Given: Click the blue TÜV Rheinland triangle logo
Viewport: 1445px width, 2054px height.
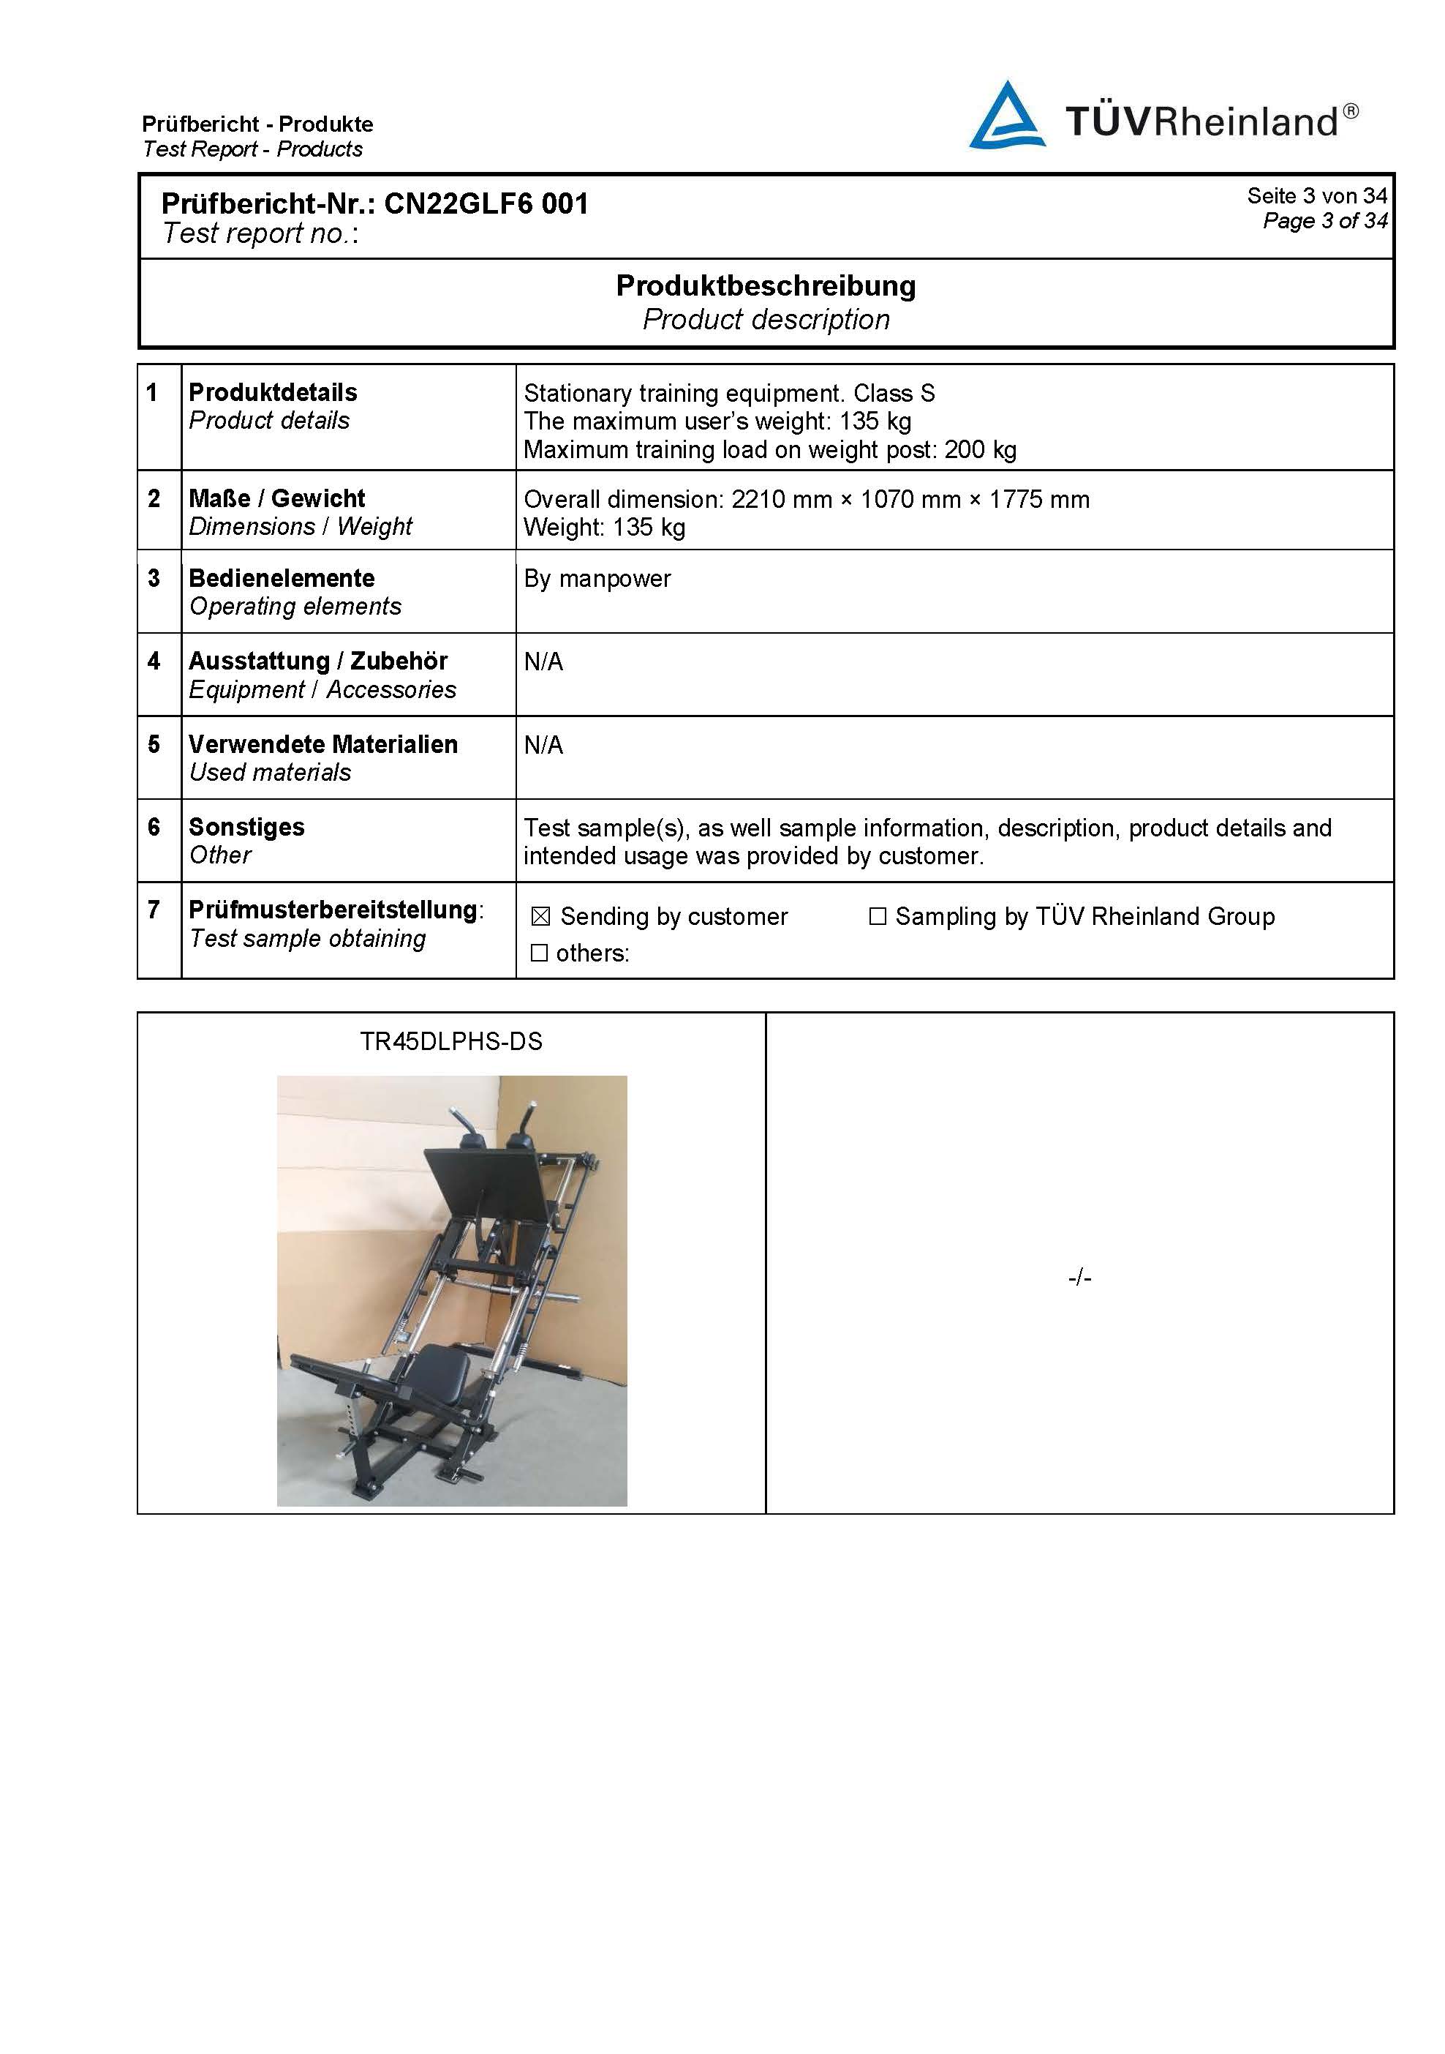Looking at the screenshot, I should point(1007,117).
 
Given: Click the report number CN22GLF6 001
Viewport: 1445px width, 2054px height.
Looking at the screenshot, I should point(486,204).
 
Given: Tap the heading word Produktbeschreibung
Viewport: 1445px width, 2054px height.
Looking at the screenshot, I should point(766,286).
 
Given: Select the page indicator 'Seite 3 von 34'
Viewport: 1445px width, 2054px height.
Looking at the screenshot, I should point(1316,196).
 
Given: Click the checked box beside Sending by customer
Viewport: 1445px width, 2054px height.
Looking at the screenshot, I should point(540,917).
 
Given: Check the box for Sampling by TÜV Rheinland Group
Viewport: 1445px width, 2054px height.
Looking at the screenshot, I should point(878,917).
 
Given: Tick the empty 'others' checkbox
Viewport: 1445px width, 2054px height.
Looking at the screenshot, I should point(539,953).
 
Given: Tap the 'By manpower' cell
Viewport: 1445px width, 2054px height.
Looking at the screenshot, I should point(597,579).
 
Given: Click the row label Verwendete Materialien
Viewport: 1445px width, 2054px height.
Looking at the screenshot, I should point(322,744).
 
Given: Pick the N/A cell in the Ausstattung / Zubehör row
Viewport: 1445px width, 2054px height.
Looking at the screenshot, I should point(543,662).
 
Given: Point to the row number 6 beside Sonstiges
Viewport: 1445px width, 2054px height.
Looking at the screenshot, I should point(154,827).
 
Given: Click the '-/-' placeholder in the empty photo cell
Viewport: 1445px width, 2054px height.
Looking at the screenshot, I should point(1079,1278).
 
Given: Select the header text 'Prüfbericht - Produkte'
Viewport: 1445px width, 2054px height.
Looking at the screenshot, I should point(257,124).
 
